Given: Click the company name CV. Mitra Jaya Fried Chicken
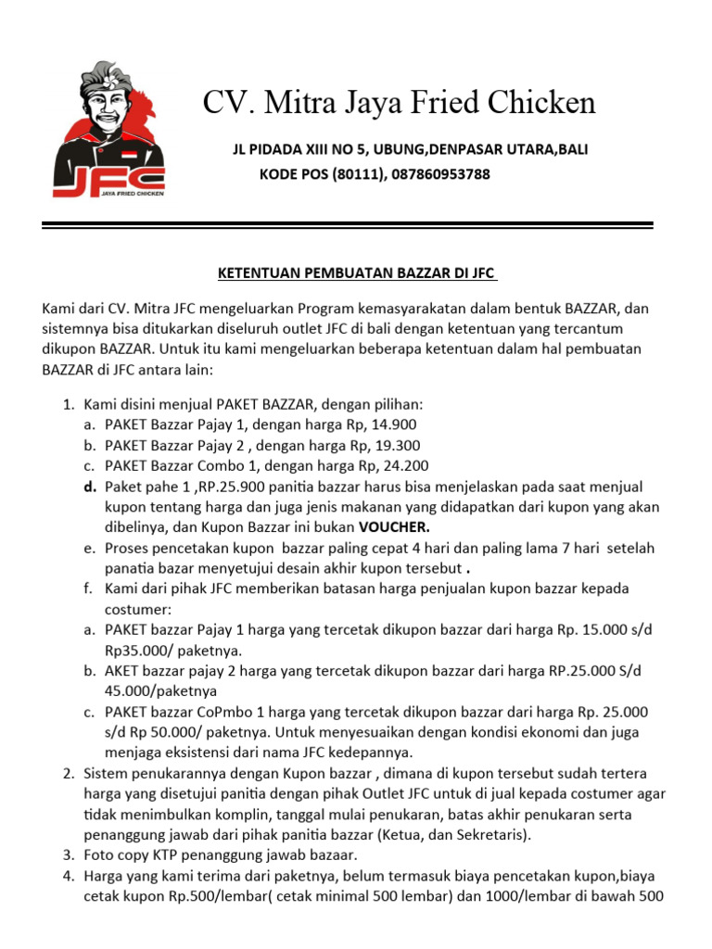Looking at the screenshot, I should point(399,103).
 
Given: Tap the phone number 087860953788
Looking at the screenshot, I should point(441,174).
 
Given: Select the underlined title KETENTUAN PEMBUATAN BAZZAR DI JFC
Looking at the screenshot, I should point(357,273).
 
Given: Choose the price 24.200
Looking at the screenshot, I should point(404,466).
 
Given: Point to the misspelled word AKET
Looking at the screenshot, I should point(122,671).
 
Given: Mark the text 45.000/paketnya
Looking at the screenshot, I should point(161,691).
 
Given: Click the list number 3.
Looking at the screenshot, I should point(68,854).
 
